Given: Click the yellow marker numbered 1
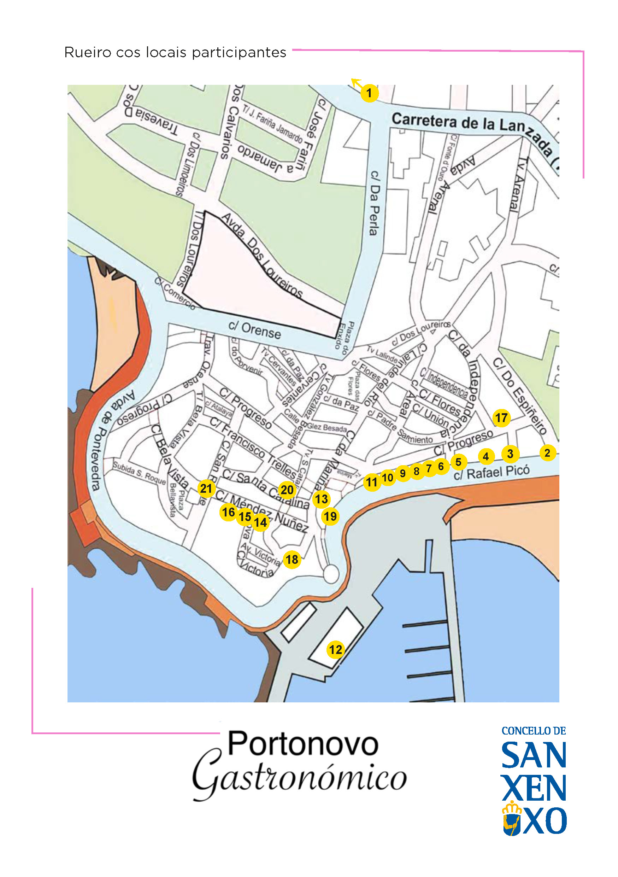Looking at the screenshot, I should (x=369, y=93).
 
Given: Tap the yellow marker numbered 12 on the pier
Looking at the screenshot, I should (x=336, y=649).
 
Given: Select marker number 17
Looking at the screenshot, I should (x=501, y=418).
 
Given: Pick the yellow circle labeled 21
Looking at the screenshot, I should (x=206, y=489).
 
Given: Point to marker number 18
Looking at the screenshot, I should (x=292, y=560).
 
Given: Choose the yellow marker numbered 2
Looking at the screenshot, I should (x=547, y=453).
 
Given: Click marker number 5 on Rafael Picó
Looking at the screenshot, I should (x=458, y=462).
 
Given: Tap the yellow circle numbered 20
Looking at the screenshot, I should (x=287, y=490).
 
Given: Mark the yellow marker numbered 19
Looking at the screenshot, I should (x=330, y=516).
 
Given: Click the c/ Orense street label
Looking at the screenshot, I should (x=255, y=330).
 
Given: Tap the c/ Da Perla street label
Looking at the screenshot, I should (x=375, y=203).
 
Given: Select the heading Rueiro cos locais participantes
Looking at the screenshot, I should (x=175, y=52).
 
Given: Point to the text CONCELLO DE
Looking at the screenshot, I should (x=533, y=731).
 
